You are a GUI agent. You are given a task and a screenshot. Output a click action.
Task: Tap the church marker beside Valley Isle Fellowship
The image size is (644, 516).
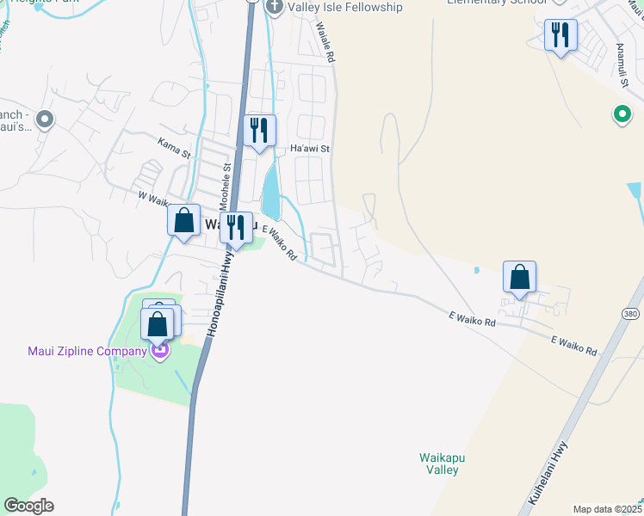click(275, 7)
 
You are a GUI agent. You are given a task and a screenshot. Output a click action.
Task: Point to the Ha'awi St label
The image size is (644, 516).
click(310, 149)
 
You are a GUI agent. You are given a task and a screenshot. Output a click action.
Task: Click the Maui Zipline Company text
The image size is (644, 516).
click(87, 351)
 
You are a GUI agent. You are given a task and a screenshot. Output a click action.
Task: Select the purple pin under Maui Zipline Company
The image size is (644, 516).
click(159, 351)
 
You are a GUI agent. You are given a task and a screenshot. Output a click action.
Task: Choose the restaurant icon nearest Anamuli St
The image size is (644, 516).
click(560, 35)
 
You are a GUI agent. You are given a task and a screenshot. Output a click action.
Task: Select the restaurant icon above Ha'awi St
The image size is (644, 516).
click(259, 131)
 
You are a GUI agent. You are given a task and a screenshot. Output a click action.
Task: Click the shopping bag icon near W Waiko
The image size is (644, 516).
click(184, 220)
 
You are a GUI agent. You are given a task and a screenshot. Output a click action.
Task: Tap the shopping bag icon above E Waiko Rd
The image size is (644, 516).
click(519, 277)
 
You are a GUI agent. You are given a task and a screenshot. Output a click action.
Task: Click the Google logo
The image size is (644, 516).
click(28, 506)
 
